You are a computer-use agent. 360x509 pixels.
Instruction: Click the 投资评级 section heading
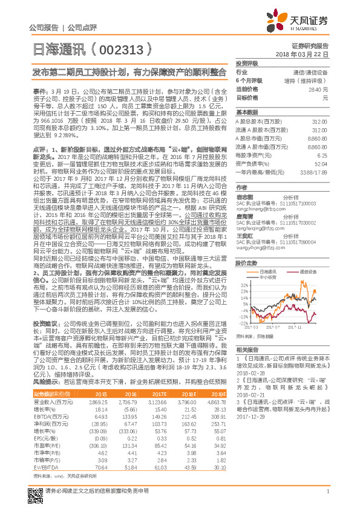point(247,63)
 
